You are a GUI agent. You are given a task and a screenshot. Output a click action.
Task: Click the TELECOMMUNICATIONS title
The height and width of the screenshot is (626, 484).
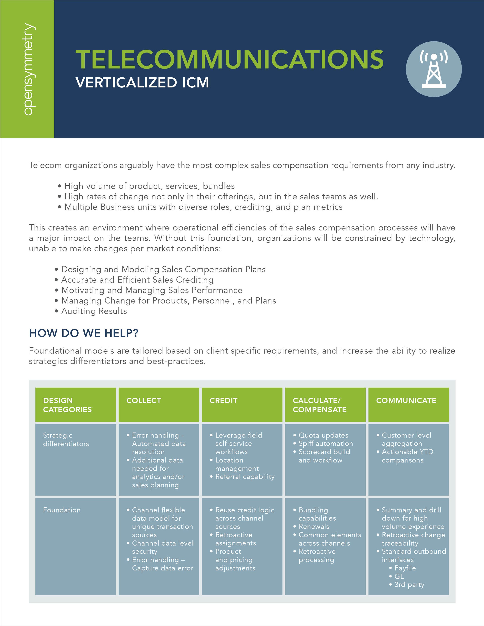[229, 59]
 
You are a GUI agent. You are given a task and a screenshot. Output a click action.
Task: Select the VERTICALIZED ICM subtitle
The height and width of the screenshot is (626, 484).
[142, 83]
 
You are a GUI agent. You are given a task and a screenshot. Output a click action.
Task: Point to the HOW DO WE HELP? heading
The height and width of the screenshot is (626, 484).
[83, 333]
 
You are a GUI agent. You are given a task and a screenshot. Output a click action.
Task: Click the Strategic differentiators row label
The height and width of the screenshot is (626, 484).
[66, 439]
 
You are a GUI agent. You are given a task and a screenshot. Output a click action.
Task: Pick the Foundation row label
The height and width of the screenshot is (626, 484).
[62, 510]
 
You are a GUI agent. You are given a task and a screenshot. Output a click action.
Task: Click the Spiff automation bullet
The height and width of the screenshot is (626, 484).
[325, 443]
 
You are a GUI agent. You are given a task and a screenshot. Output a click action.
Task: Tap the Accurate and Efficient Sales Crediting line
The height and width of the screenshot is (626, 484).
[137, 280]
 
